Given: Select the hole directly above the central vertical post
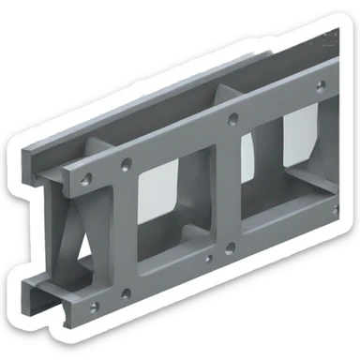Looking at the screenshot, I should (x=232, y=120).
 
